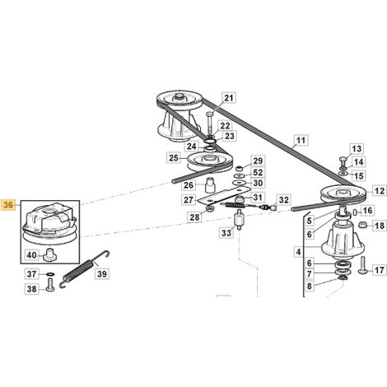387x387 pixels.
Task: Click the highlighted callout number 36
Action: click(8, 205)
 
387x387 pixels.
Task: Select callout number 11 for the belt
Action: click(301, 141)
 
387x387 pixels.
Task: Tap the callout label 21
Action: click(229, 98)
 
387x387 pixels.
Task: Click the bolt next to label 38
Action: click(51, 285)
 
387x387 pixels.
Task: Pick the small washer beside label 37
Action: click(50, 274)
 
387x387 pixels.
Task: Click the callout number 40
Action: click(31, 255)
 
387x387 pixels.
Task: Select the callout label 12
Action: click(380, 191)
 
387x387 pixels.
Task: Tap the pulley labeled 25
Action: click(210, 162)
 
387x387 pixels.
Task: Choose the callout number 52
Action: click(258, 172)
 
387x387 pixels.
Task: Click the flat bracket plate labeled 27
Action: click(224, 195)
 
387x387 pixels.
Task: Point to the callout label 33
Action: click(226, 233)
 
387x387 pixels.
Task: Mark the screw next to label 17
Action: click(363, 265)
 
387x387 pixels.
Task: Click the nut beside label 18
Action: click(363, 226)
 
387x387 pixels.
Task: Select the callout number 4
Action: click(298, 252)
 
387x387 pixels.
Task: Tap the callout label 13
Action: click(357, 149)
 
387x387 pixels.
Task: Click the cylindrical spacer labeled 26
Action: click(210, 185)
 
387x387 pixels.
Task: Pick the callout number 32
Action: click(283, 200)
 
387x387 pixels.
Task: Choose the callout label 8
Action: click(310, 286)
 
